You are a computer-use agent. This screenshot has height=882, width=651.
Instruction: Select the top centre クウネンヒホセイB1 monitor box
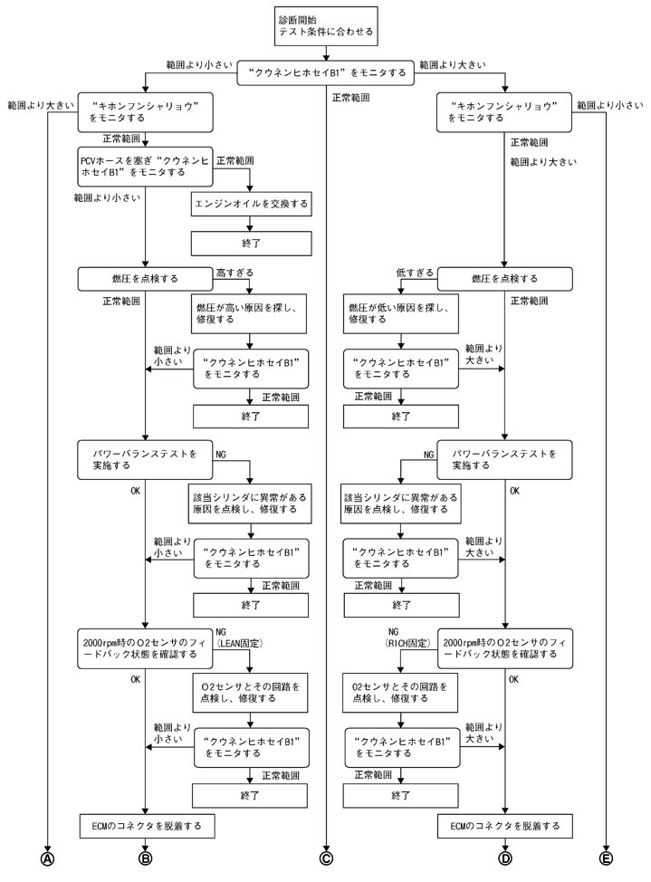click(325, 73)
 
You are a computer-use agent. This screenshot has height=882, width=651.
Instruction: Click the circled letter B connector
click(145, 856)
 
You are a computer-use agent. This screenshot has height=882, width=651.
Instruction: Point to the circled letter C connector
click(325, 856)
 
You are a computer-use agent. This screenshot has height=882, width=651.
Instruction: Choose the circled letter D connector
click(504, 856)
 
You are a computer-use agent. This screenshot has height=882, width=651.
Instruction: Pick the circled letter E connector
click(604, 856)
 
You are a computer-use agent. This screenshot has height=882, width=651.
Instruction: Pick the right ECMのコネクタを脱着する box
click(504, 826)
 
